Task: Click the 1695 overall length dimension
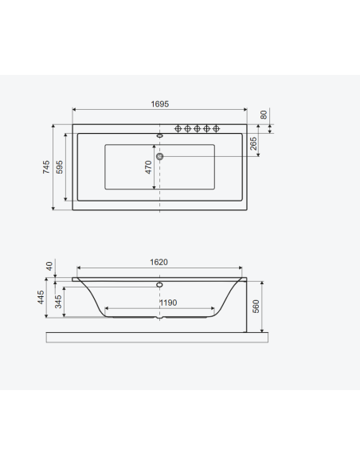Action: pyautogui.click(x=160, y=104)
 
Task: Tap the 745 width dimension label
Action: pyautogui.click(x=46, y=167)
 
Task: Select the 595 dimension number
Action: pyautogui.click(x=60, y=167)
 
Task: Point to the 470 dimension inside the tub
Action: pyautogui.click(x=148, y=167)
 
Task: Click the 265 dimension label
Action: pyautogui.click(x=253, y=143)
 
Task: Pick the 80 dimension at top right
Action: pyautogui.click(x=264, y=115)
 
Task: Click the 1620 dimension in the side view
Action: pyautogui.click(x=159, y=262)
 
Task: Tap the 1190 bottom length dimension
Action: pyautogui.click(x=168, y=303)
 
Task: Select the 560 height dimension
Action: pyautogui.click(x=256, y=307)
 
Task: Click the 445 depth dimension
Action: pyautogui.click(x=41, y=297)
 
